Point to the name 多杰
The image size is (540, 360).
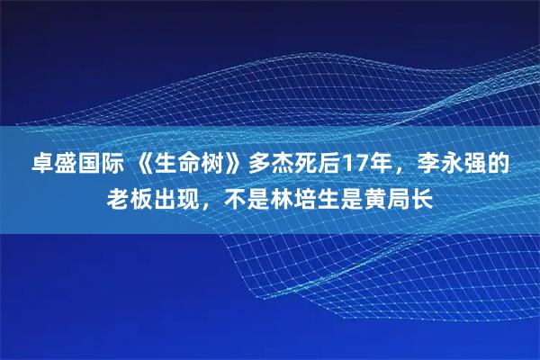[272, 165]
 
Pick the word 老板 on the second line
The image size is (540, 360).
[131, 197]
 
